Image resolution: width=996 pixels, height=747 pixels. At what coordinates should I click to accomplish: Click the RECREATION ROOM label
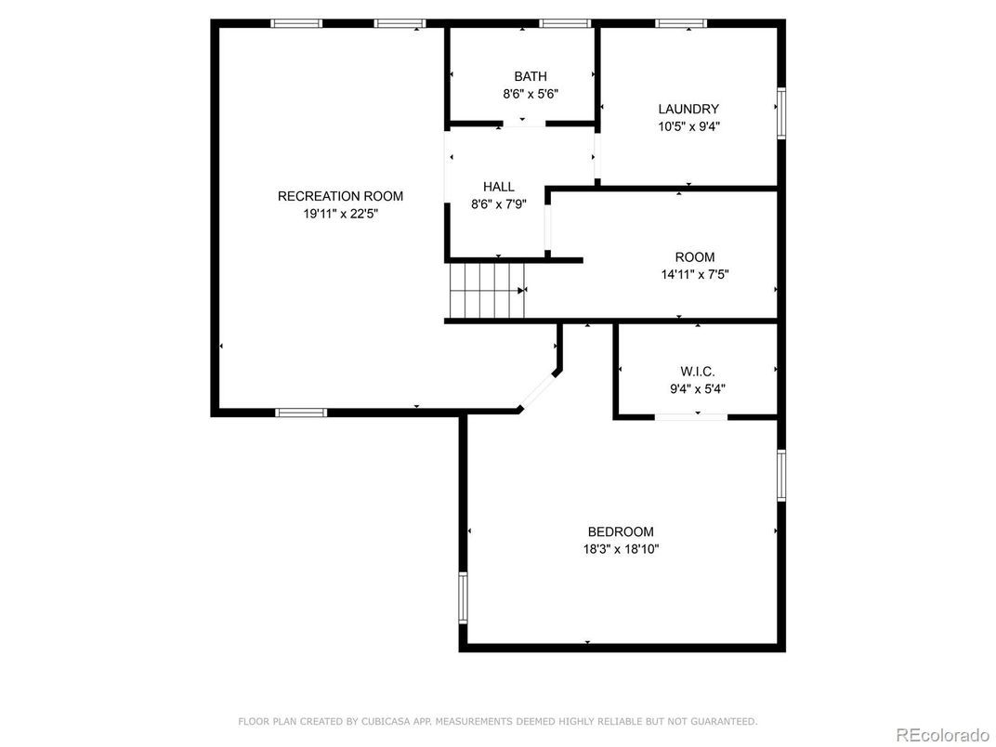coord(340,196)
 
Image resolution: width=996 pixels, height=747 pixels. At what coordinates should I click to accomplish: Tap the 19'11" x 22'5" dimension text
coord(340,214)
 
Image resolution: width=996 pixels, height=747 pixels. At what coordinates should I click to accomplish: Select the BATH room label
coord(531,77)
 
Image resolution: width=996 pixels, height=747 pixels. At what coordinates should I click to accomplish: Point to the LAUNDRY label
coord(688,110)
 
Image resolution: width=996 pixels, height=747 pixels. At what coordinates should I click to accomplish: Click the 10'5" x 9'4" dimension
coord(688,126)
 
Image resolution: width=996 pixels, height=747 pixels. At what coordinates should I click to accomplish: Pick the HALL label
coord(499,187)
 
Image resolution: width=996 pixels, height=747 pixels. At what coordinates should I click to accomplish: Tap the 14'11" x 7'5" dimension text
coord(695,275)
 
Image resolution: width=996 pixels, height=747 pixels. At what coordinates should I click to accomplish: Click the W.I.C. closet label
coord(698,372)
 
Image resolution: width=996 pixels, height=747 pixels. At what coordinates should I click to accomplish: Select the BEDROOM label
coord(621,531)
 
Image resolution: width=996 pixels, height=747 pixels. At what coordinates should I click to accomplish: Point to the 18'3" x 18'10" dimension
coord(621,549)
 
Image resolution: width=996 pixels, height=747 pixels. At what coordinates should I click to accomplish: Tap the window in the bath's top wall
coord(565,24)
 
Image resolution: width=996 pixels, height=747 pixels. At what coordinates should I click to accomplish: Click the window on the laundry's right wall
coord(781,113)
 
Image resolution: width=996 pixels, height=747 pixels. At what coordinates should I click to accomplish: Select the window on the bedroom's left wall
coord(463,597)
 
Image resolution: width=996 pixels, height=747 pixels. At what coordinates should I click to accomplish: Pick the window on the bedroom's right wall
coord(781,476)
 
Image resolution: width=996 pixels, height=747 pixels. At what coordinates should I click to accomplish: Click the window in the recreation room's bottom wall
coord(301,413)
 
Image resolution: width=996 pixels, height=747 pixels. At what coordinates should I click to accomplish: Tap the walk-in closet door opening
coord(691,417)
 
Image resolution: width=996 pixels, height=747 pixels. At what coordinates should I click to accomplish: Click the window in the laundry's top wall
coord(682,24)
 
